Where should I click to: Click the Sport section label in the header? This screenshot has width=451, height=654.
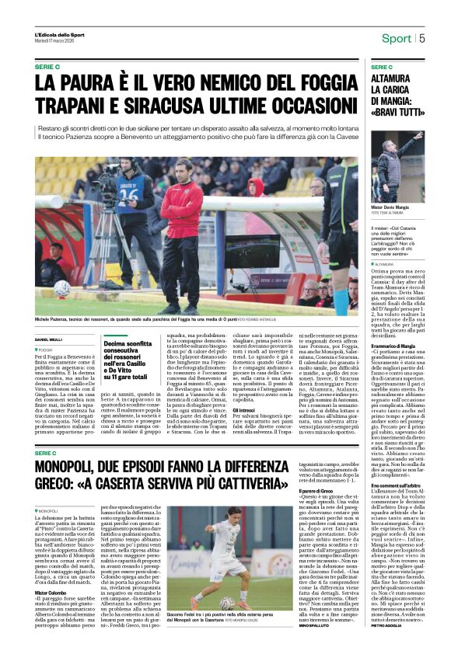[396, 39]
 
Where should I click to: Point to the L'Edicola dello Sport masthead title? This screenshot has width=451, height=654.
[60, 35]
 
